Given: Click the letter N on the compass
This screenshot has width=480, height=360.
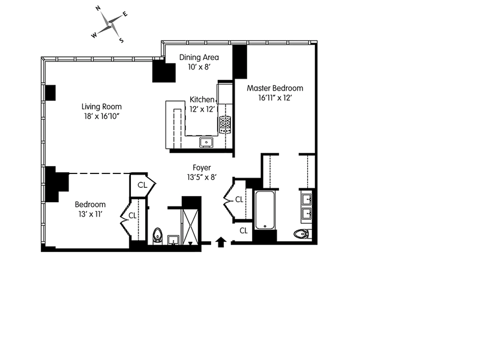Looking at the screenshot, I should pos(99,9).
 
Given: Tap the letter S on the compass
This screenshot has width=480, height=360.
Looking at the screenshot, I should pos(121,41).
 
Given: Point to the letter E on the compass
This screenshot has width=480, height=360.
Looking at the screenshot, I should pos(125,14).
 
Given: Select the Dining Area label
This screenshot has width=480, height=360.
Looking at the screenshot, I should pos(199,58).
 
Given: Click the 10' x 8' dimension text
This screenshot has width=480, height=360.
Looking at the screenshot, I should pos(199,67).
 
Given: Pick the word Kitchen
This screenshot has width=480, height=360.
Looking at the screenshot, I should pos(202,100).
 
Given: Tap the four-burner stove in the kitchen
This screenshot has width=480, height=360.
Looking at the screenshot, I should pos(226,125).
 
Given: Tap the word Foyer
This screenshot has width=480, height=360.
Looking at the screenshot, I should pos(201,167).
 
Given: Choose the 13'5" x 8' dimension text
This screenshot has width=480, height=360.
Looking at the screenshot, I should pos(201,177).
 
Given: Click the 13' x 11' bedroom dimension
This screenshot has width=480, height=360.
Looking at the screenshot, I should pos(89,214).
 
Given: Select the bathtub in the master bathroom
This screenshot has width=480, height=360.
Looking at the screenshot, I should pos(265,210).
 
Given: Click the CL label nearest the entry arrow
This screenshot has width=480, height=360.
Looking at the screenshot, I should pos(244,230).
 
